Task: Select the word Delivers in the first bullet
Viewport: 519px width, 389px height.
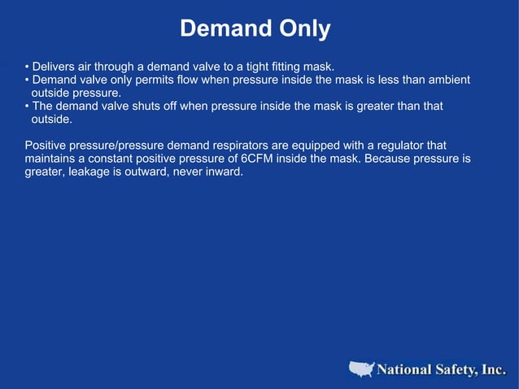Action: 55,66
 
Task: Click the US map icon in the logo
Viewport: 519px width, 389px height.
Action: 363,369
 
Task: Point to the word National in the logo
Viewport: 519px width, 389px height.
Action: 404,370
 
